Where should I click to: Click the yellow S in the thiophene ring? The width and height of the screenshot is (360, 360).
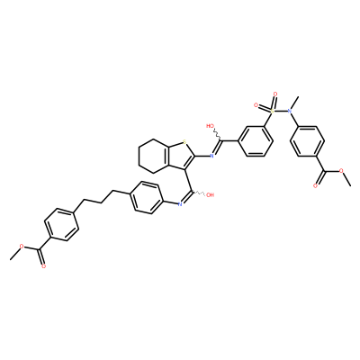click(184, 141)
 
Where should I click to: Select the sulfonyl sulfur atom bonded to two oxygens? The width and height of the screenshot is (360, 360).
click(273, 111)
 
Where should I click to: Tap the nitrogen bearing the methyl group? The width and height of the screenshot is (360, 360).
click(290, 111)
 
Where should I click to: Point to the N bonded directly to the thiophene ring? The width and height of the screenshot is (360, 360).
click(211, 156)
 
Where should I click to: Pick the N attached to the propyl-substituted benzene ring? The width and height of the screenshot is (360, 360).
click(180, 204)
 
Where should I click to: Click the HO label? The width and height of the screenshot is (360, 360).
click(210, 125)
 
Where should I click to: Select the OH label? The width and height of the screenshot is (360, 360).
click(210, 194)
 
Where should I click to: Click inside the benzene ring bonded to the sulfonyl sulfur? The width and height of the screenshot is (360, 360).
click(256, 141)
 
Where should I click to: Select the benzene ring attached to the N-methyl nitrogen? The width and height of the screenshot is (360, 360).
click(307, 141)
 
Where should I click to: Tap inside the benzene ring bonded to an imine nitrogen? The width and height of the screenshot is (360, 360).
click(146, 198)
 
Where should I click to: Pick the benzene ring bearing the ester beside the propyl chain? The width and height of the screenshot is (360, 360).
click(61, 225)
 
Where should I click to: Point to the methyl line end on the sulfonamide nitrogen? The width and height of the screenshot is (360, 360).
click(299, 96)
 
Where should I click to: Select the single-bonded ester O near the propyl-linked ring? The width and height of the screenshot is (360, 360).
click(22, 246)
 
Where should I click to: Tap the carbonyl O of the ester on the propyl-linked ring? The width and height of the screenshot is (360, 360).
click(44, 266)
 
